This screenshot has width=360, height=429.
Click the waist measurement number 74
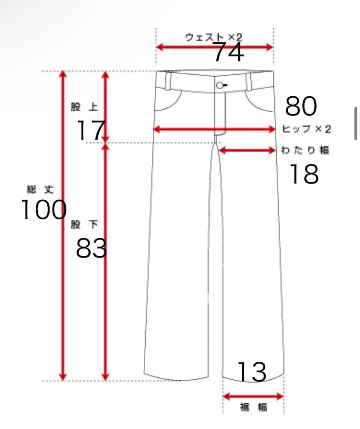point(228,52)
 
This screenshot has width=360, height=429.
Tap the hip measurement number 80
point(301,106)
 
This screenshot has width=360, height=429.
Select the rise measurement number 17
point(91,130)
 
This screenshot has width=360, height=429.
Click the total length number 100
point(44,209)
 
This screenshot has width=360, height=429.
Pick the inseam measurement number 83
point(91,248)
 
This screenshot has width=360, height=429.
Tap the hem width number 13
point(252,371)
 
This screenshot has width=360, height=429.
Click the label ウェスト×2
point(214,37)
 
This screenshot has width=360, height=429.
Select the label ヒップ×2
point(306,129)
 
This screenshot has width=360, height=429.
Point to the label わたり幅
point(305,150)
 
